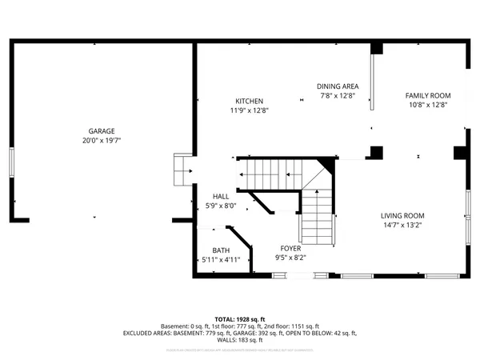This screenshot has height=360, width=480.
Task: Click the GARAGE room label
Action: coord(102,131)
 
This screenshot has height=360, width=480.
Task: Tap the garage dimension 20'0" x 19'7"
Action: coord(102,140)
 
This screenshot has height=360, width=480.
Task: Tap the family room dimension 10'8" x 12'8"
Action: coord(428,104)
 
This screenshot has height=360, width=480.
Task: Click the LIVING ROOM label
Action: coord(402,215)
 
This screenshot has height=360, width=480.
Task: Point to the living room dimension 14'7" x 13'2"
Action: coord(402,225)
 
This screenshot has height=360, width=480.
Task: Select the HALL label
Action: coord(221,196)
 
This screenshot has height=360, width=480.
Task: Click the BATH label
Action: coord(221,250)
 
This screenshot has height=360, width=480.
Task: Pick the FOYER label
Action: coord(290,248)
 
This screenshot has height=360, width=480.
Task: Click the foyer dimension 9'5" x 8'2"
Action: coord(290,257)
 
